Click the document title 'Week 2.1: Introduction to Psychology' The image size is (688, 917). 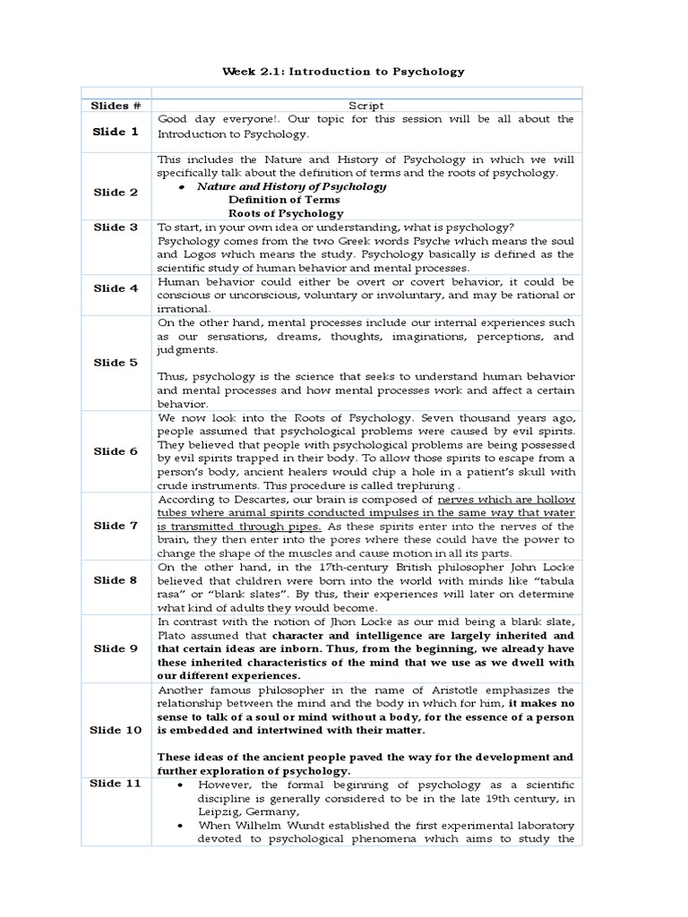[x=344, y=71]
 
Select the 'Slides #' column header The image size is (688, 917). [x=116, y=106]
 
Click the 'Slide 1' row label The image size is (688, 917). [x=116, y=132]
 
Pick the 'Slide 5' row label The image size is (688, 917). [x=116, y=363]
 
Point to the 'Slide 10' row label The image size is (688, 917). [x=116, y=730]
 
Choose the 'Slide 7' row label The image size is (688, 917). [x=116, y=525]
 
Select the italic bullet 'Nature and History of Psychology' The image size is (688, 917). [x=292, y=186]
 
